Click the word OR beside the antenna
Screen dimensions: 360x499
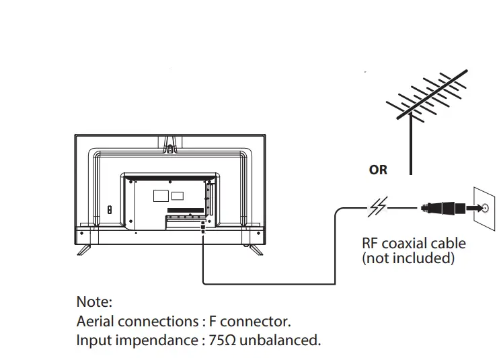(x=378, y=170)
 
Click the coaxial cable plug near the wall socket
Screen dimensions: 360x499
(x=441, y=208)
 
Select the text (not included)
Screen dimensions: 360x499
(x=408, y=258)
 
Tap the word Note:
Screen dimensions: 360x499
(x=94, y=301)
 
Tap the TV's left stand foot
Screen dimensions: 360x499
(x=84, y=248)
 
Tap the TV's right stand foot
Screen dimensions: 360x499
(x=253, y=248)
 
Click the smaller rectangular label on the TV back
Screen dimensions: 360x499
(x=178, y=196)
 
